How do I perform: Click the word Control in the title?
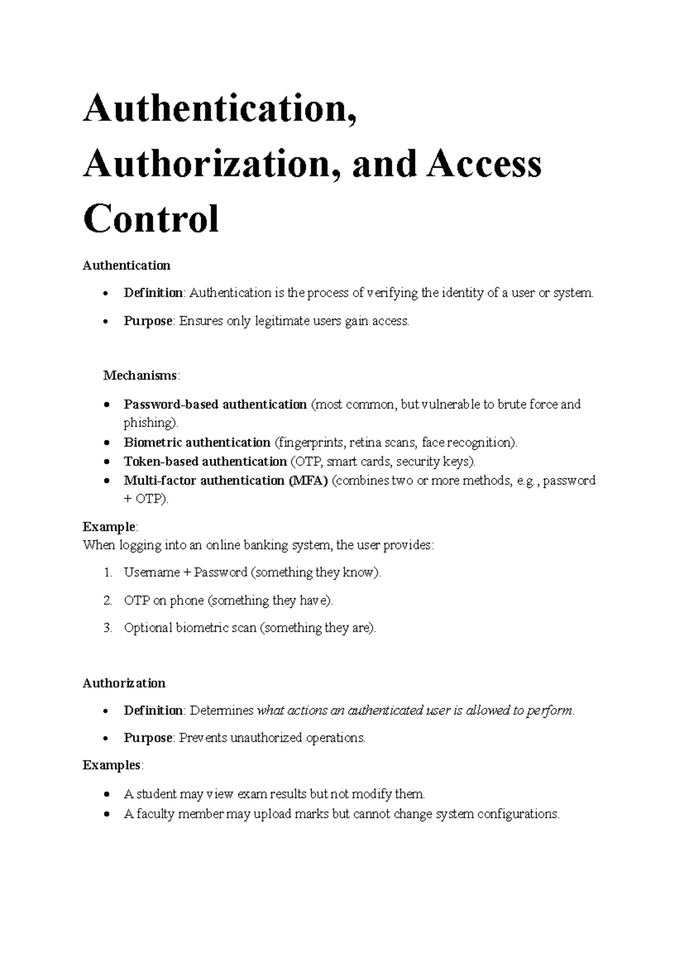click(151, 219)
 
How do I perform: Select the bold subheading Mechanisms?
click(140, 376)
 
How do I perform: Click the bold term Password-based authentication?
click(215, 405)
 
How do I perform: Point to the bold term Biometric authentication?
click(197, 443)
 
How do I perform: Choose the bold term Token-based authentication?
click(205, 462)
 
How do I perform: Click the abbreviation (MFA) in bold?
click(308, 481)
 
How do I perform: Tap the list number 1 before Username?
click(108, 572)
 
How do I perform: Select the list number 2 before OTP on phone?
click(108, 600)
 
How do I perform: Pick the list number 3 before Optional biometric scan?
click(108, 628)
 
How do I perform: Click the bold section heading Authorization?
click(124, 683)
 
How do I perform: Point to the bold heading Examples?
click(112, 765)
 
